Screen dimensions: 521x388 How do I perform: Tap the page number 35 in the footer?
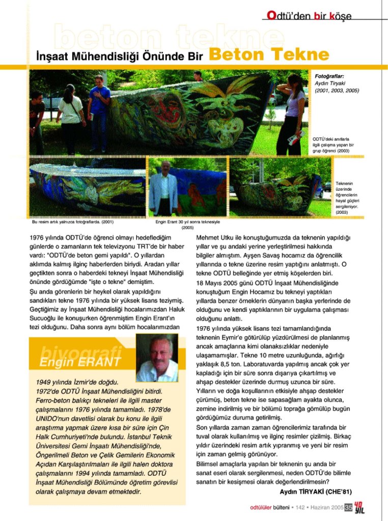point(348,507)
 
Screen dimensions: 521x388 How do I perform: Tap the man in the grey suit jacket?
point(163,188)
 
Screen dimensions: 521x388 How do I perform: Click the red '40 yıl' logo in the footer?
point(359,507)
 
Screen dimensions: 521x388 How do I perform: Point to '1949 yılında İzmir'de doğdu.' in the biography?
point(77,382)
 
